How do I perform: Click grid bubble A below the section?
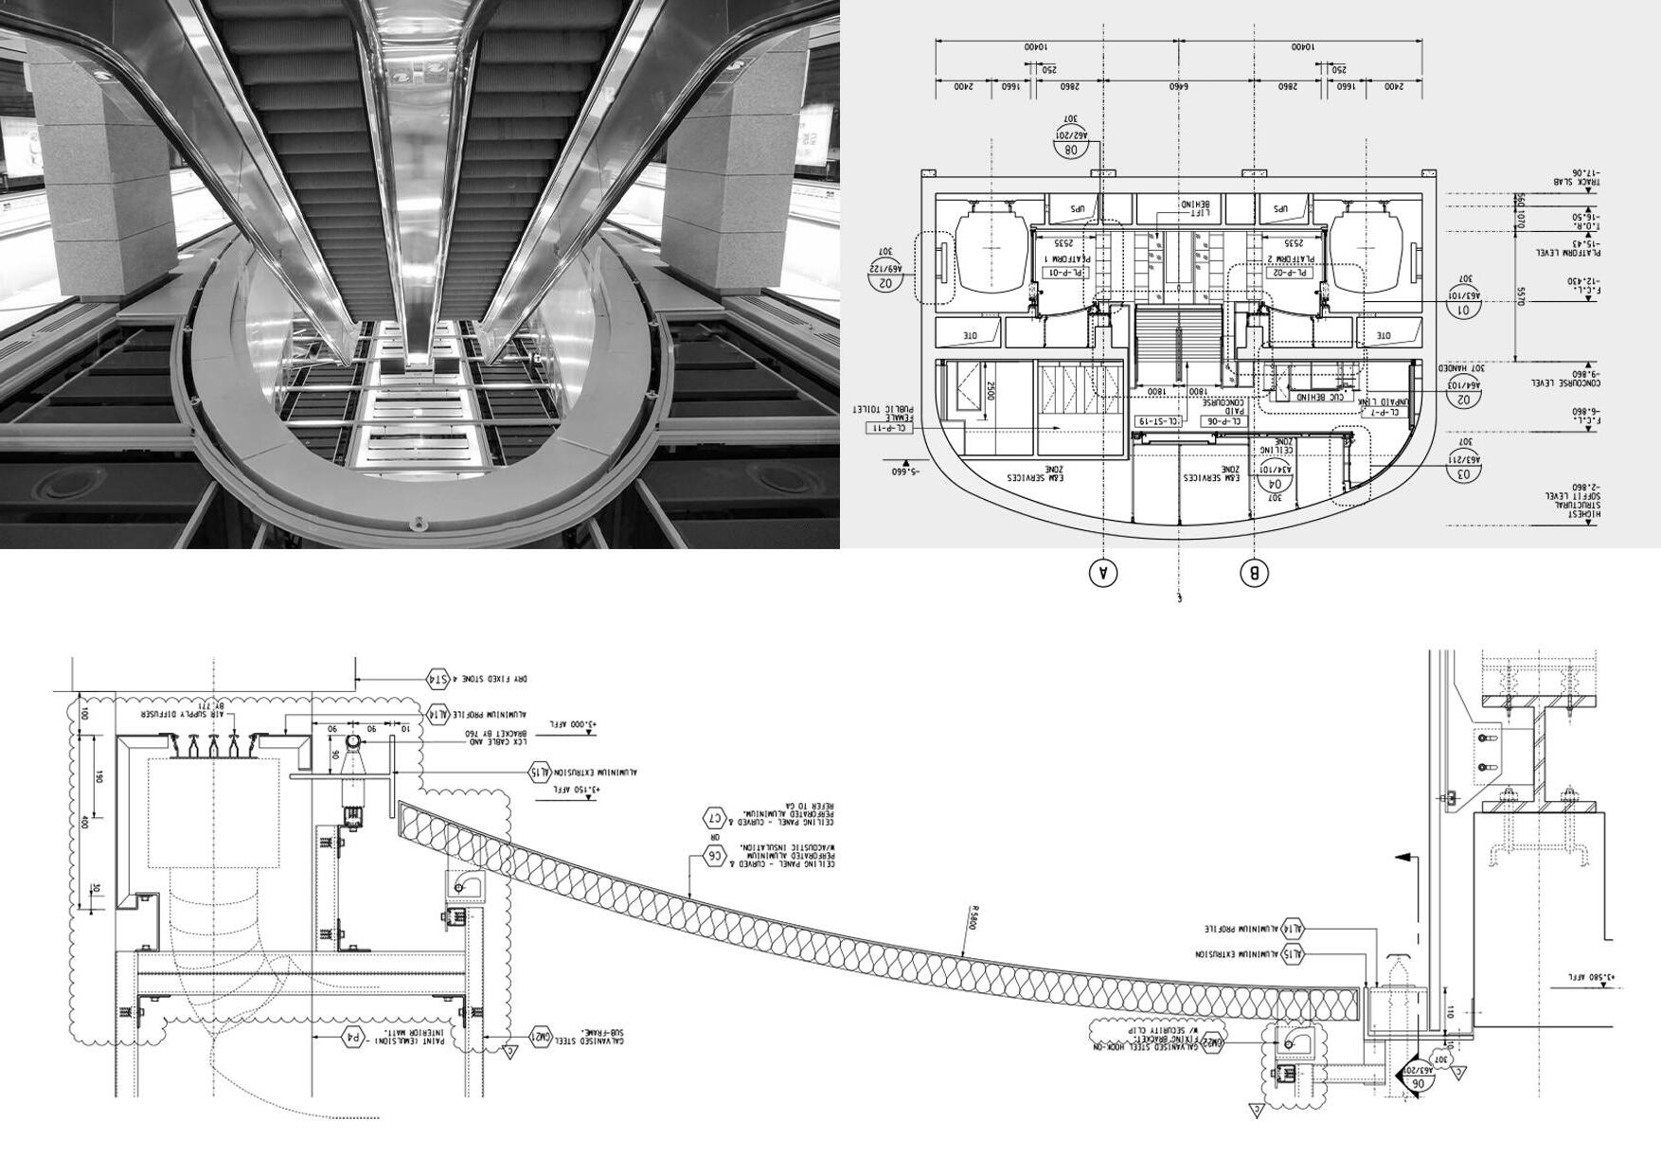click(1102, 573)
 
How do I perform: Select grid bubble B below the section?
click(1254, 573)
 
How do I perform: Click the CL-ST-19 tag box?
click(1158, 421)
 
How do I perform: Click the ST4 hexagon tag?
click(438, 679)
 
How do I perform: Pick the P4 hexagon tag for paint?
click(353, 1037)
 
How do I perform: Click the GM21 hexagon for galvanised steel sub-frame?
click(540, 1037)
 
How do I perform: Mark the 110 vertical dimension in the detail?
click(1450, 1012)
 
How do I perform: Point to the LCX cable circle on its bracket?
click(351, 743)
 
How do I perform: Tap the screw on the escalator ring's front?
click(418, 524)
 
